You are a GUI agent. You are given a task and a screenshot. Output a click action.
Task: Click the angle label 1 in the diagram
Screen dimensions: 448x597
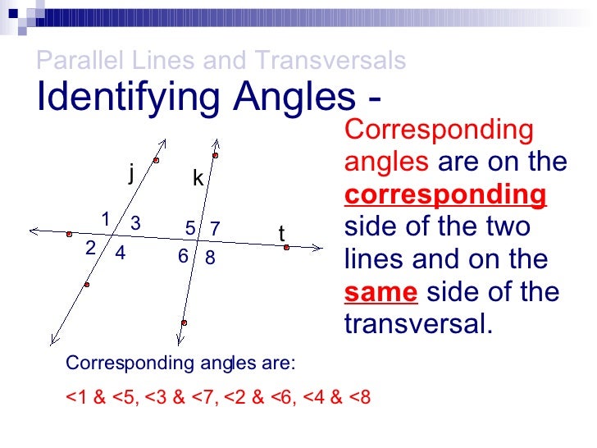pos(106,218)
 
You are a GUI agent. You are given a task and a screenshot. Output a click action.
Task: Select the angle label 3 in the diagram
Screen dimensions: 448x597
pos(135,223)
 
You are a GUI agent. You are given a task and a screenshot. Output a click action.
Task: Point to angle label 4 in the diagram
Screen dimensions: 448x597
pos(120,254)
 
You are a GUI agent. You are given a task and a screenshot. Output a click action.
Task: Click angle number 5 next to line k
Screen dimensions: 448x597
pos(189,227)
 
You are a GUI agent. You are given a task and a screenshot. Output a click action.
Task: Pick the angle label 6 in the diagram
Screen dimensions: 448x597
pos(183,257)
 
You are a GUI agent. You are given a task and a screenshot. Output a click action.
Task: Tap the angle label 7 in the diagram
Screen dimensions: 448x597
pos(215,227)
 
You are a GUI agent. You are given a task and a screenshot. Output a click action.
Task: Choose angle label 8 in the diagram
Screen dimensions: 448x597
pos(210,258)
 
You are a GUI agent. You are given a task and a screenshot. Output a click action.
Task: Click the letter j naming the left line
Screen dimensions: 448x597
pos(130,173)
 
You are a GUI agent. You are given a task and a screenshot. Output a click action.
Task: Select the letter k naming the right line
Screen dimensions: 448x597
pos(198,178)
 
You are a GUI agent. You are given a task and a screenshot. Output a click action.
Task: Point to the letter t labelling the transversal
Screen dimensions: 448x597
pos(281,235)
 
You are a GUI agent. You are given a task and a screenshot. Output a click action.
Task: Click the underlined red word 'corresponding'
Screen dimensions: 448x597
pos(445,195)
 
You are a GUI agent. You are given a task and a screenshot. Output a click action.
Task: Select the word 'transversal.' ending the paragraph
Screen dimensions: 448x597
pos(419,324)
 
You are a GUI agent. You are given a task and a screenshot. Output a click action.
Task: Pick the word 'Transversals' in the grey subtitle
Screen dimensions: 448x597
pos(330,60)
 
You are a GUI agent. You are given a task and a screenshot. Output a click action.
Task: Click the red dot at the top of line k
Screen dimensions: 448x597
pos(215,155)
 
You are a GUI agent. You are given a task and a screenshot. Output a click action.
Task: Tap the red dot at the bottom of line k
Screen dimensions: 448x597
pos(184,323)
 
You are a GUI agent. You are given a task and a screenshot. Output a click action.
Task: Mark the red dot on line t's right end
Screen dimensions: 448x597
pos(286,246)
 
